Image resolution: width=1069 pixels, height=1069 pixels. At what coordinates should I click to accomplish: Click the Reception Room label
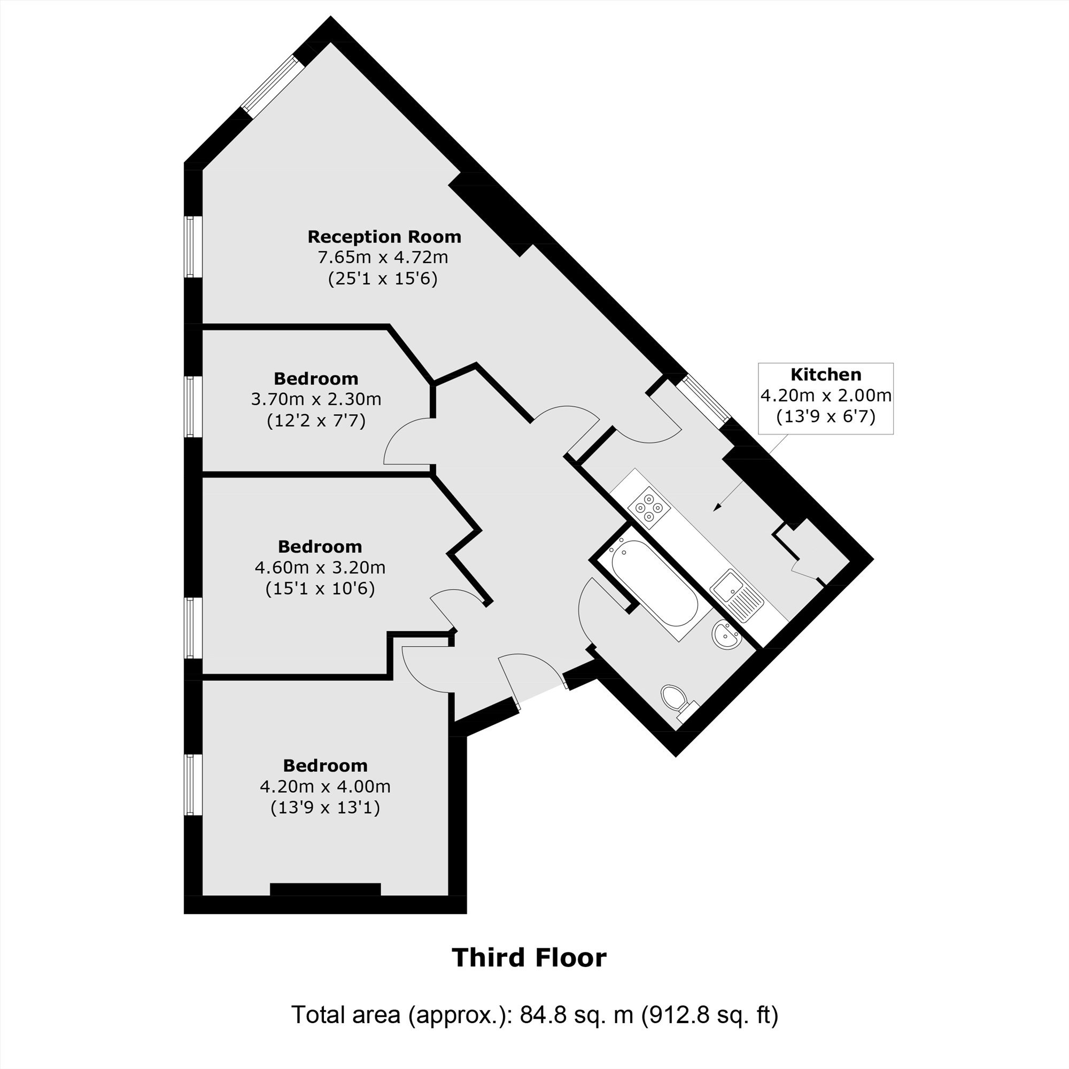pos(384,237)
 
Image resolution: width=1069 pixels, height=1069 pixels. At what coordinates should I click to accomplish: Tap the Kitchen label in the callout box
pos(826,375)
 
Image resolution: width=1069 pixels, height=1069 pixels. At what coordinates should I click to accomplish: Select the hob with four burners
pos(648,507)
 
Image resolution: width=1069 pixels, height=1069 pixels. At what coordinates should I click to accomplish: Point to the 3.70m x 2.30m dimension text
pos(316,399)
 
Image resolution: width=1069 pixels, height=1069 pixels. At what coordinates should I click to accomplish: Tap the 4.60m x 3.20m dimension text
pos(320,567)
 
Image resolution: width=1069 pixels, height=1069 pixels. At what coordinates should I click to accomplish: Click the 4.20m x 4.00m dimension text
pos(325,786)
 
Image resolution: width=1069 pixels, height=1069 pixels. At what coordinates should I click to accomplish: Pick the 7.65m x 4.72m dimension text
pos(382,257)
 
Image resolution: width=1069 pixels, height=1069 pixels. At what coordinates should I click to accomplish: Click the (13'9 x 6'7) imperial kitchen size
pos(826,416)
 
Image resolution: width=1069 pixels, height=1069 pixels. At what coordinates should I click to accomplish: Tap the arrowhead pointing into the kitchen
pos(718,506)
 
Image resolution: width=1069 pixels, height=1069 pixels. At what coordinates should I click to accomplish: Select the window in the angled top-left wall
pos(274,86)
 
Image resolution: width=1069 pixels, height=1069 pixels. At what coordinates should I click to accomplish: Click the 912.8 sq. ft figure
pos(710,1030)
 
